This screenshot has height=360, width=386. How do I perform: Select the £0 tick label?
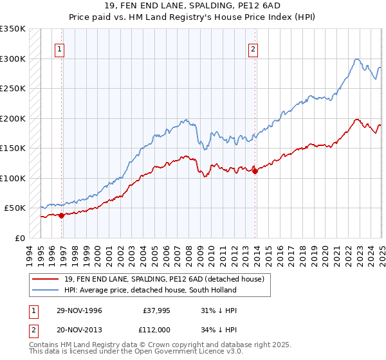(20, 238)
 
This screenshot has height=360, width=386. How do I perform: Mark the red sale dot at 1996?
(62, 215)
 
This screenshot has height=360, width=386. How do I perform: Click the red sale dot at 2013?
(255, 171)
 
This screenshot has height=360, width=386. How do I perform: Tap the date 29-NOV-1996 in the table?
(79, 310)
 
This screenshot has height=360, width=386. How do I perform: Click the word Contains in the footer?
(43, 344)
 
